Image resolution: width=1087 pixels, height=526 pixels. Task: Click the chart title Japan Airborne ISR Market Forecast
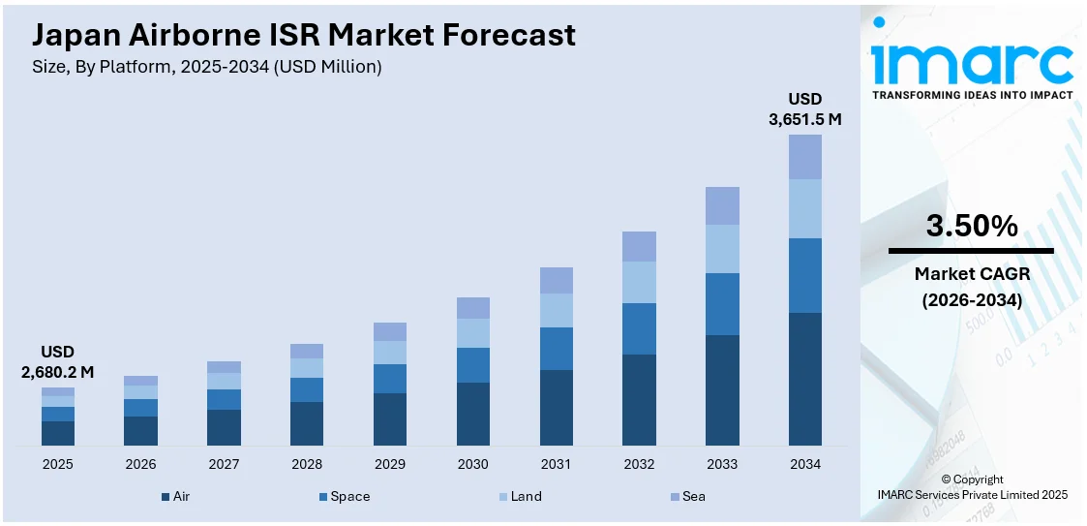tap(304, 35)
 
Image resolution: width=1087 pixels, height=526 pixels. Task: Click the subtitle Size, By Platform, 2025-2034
tap(207, 67)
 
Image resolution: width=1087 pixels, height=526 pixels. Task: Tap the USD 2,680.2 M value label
tap(57, 361)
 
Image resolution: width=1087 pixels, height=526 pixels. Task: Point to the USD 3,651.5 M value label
tap(804, 109)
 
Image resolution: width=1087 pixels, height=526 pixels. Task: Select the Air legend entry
tap(176, 496)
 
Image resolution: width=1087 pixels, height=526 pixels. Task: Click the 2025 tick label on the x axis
tap(58, 464)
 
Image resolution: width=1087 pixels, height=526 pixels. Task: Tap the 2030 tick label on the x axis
tap(473, 464)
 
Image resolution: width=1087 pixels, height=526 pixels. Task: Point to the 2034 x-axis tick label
tap(805, 464)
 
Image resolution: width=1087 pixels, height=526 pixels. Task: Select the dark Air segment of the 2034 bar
tap(805, 379)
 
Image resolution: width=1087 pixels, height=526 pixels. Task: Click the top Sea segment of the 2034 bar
tap(805, 157)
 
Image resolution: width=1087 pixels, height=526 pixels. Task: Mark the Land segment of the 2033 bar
tap(722, 249)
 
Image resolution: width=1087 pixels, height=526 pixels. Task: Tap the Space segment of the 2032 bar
tap(639, 328)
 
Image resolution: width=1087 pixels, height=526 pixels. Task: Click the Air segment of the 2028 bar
tap(307, 423)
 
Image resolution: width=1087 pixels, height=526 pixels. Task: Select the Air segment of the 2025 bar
tap(58, 433)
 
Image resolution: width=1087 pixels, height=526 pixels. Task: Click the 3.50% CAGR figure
tap(971, 226)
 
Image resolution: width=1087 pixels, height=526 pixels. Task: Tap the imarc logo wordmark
tap(971, 64)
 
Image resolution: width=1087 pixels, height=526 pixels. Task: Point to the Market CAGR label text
tap(971, 274)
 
